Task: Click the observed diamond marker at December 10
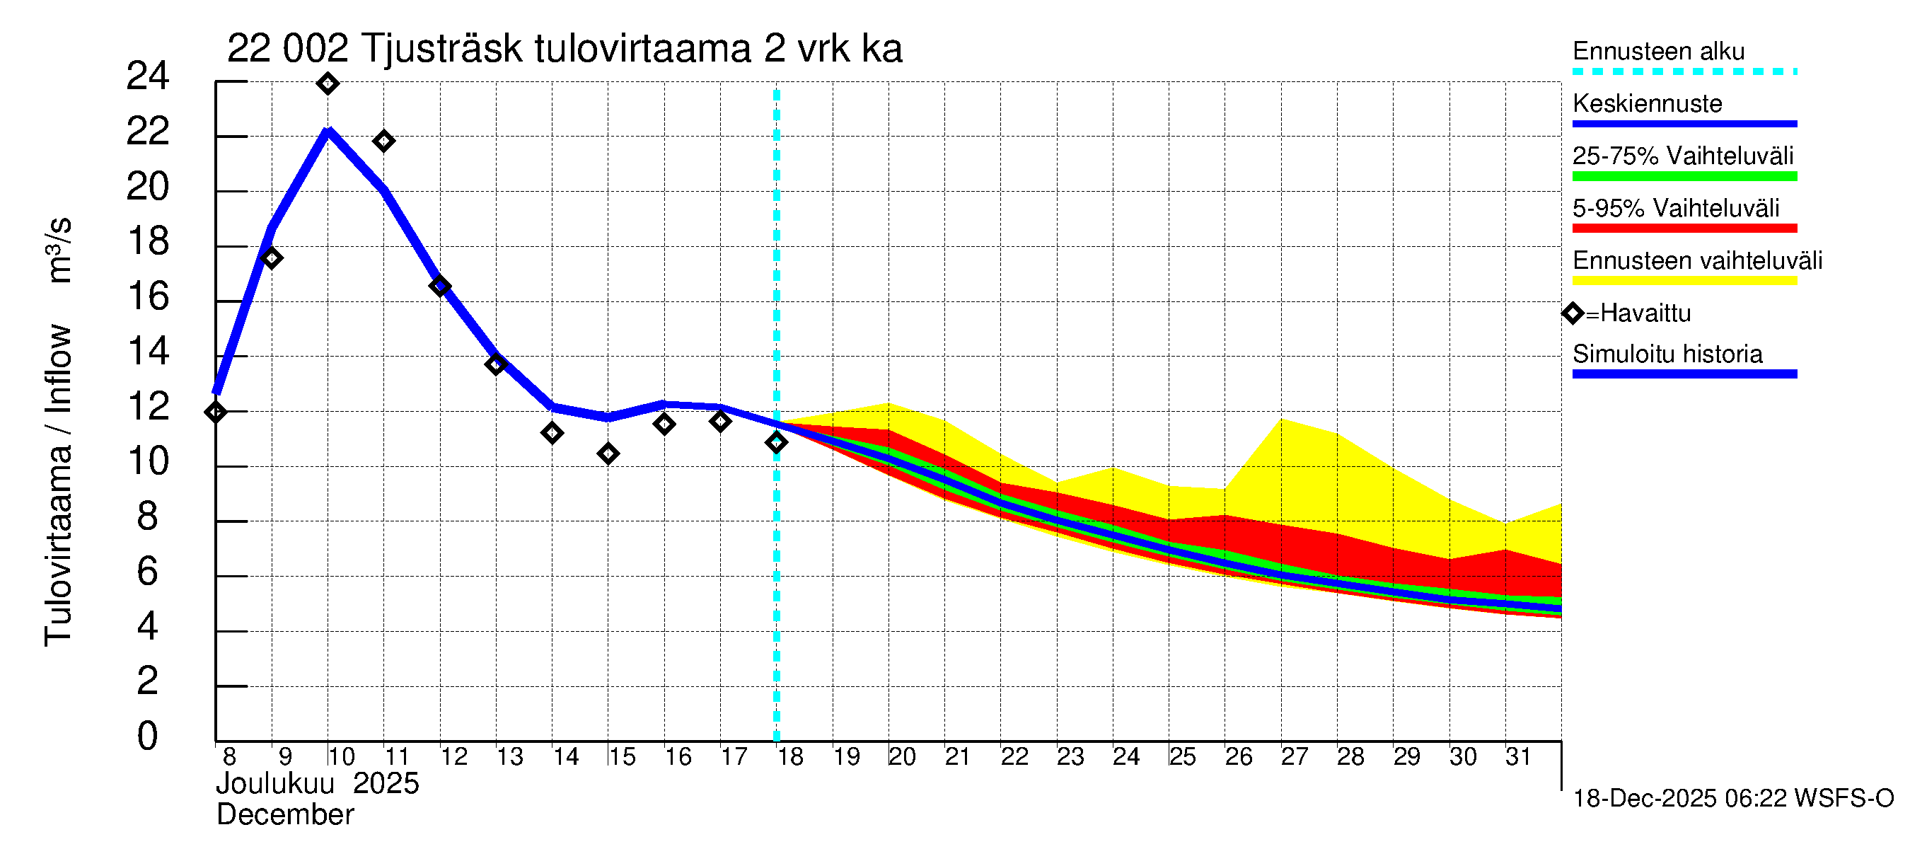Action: pos(328,83)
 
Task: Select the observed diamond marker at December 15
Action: pos(608,453)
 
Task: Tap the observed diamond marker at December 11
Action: pos(383,141)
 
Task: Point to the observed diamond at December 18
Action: pos(776,443)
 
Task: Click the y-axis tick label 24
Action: pos(148,76)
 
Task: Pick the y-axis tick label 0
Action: pos(148,737)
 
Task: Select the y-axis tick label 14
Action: pos(148,352)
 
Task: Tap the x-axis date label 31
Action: pos(1518,757)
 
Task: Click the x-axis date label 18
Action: pos(790,757)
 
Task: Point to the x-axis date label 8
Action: pos(229,757)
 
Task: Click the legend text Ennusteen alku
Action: pos(1658,51)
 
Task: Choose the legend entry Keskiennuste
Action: pos(1647,104)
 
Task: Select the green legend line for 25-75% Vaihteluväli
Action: pos(1684,176)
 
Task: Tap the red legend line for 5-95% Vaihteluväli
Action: pos(1684,229)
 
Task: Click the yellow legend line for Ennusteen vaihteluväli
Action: pos(1684,281)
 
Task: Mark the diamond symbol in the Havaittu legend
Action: pos(1573,313)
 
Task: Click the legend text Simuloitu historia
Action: pos(1667,354)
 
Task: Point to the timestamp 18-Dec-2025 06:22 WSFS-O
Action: pos(1732,799)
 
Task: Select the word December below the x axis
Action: pos(284,815)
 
